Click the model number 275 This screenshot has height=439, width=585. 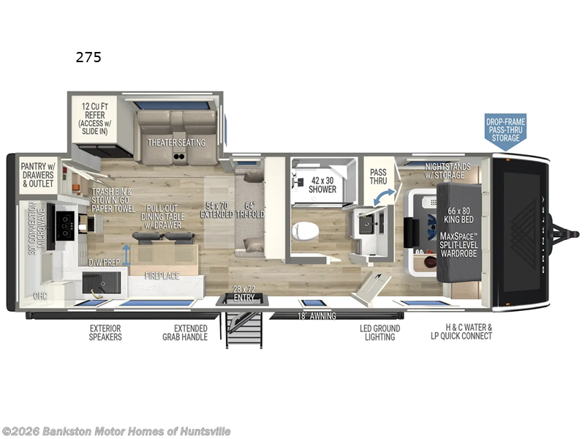click(88, 58)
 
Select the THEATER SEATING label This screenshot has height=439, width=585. click(176, 142)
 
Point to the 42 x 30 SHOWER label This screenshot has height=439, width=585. click(322, 184)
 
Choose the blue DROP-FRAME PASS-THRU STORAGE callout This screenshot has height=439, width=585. click(505, 130)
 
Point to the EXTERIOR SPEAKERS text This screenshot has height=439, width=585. click(105, 333)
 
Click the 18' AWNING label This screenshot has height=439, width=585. click(317, 315)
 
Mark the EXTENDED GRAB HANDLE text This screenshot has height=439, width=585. click(185, 333)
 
